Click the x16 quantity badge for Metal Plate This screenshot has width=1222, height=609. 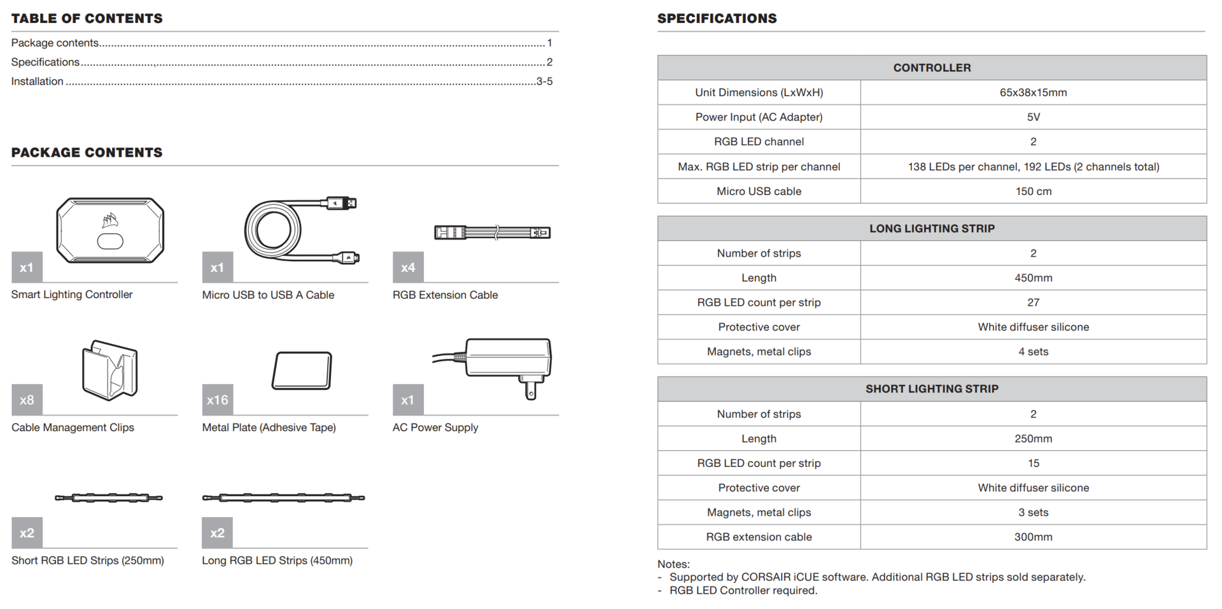[217, 400]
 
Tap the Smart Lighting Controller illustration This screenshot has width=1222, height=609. [110, 230]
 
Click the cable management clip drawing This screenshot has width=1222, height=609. [109, 370]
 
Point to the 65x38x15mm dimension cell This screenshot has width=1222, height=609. [1033, 92]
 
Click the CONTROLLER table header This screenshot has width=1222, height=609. [932, 68]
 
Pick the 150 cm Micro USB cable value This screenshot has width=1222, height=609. [1033, 191]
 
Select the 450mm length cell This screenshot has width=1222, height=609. [1033, 278]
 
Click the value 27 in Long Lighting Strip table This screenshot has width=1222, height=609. [1033, 303]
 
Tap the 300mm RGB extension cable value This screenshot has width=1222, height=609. [1033, 537]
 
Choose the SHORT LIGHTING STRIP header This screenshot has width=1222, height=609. [932, 389]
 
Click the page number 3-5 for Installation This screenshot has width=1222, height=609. [544, 82]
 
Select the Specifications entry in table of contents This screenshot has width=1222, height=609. [45, 62]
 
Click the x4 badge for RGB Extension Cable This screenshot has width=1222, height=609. [408, 268]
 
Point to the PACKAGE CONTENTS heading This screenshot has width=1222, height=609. [87, 152]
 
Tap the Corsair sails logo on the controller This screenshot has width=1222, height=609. [110, 220]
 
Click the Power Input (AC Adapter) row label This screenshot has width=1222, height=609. [759, 117]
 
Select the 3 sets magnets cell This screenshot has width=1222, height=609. [1033, 512]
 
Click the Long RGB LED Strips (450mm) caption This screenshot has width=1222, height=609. [277, 561]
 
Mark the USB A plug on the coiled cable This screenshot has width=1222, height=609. [342, 203]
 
